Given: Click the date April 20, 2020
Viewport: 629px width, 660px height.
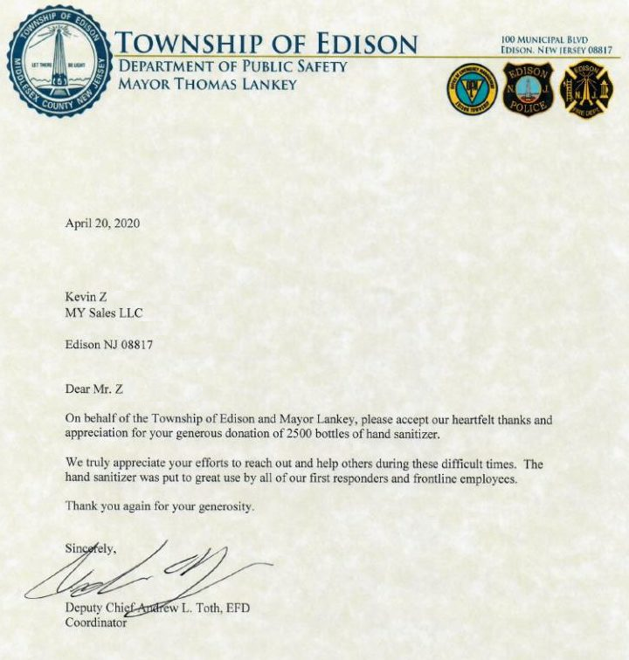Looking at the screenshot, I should pyautogui.click(x=102, y=223).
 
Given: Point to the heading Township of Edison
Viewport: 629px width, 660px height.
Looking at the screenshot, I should pyautogui.click(x=267, y=43).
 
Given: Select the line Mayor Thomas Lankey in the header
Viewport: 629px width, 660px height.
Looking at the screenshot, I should pyautogui.click(x=207, y=85).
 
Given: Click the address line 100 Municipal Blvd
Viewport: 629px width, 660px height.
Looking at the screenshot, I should pyautogui.click(x=544, y=40).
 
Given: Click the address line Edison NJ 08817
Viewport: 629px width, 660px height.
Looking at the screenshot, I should pyautogui.click(x=109, y=345).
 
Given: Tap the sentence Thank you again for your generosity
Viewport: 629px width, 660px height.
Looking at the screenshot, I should pyautogui.click(x=160, y=506).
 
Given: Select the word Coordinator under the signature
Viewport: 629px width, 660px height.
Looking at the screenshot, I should pyautogui.click(x=96, y=623).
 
